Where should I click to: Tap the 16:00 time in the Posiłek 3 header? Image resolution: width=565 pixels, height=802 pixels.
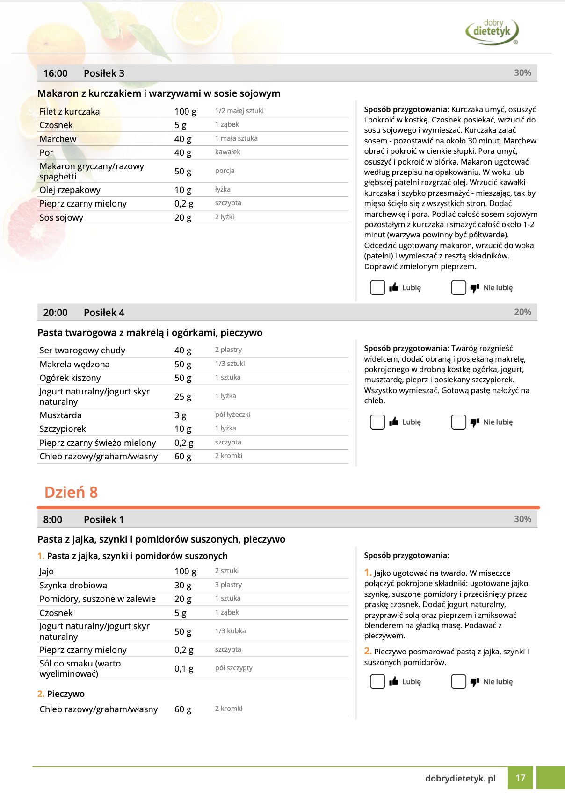[55, 73]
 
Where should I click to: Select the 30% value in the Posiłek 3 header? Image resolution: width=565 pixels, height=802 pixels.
[522, 73]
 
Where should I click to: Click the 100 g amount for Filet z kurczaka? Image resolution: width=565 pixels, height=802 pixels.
[185, 112]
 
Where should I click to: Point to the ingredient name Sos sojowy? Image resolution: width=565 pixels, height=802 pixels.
[61, 218]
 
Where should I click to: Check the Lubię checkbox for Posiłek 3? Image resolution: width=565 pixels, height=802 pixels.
[377, 287]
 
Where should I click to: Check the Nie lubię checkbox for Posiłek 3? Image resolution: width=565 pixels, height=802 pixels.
[458, 287]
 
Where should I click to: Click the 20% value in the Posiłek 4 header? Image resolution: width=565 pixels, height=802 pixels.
[522, 312]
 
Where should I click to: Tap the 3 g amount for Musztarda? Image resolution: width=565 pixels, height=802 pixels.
[180, 415]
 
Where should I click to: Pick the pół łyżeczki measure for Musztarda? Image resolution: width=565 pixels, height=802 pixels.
[232, 415]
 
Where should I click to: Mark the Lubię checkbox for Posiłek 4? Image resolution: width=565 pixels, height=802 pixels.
[377, 422]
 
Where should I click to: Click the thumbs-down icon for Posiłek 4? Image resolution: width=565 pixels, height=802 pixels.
[475, 422]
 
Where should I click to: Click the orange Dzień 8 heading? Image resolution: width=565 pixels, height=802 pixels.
[71, 492]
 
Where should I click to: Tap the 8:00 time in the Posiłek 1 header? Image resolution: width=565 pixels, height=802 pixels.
[52, 520]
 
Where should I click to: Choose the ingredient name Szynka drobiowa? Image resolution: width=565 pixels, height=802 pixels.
[73, 586]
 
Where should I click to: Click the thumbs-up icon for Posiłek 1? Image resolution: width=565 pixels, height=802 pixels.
[394, 681]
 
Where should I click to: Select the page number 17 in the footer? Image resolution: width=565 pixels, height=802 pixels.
[521, 778]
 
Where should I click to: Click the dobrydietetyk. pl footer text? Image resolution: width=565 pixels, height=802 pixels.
[460, 778]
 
